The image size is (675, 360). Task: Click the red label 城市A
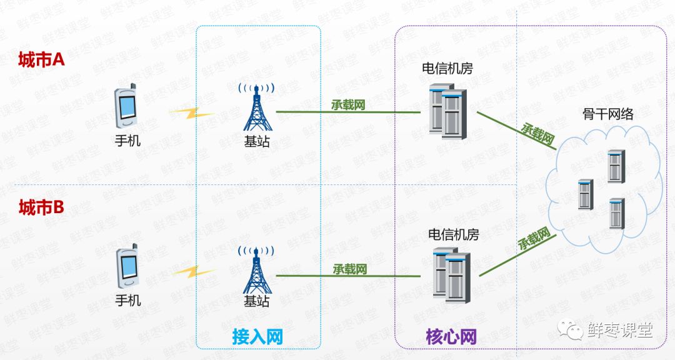pos(42,60)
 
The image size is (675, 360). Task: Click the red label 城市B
pos(41,207)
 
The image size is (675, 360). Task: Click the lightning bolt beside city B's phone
pos(194,272)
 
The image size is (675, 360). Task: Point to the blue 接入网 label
pos(257,337)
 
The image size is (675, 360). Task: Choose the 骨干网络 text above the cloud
pos(608,114)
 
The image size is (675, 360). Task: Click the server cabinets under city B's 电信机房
pos(451,275)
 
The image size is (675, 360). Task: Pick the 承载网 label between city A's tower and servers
pos(348,104)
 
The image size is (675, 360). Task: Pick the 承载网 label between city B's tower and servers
pos(349,269)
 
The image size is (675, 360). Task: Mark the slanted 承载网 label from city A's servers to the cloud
pos(537,134)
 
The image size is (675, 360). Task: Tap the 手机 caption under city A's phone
pos(127,141)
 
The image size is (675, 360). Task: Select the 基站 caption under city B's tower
pos(256,301)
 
